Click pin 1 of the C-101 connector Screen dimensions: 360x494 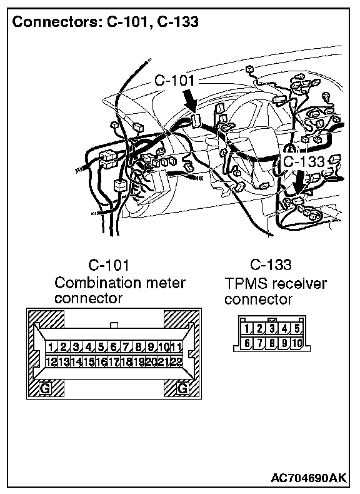tap(51, 347)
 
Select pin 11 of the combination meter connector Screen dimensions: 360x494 tap(176, 347)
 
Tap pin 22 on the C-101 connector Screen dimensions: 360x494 tap(176, 361)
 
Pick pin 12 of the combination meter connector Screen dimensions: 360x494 tap(51, 361)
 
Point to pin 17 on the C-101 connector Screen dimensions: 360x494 tap(113, 361)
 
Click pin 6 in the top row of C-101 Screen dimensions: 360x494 tap(113, 347)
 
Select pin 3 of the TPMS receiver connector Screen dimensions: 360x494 tap(272, 328)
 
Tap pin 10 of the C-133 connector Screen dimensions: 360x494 tap(297, 343)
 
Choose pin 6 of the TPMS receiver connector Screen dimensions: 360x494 tap(247, 343)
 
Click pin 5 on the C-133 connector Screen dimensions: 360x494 tap(297, 328)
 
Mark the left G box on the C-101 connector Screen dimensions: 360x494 tap(45, 388)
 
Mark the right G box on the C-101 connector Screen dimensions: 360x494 tap(182, 388)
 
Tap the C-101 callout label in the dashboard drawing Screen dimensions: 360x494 tap(174, 81)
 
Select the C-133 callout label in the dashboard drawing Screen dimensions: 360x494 tap(304, 161)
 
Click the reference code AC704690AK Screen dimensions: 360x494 tap(308, 478)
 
